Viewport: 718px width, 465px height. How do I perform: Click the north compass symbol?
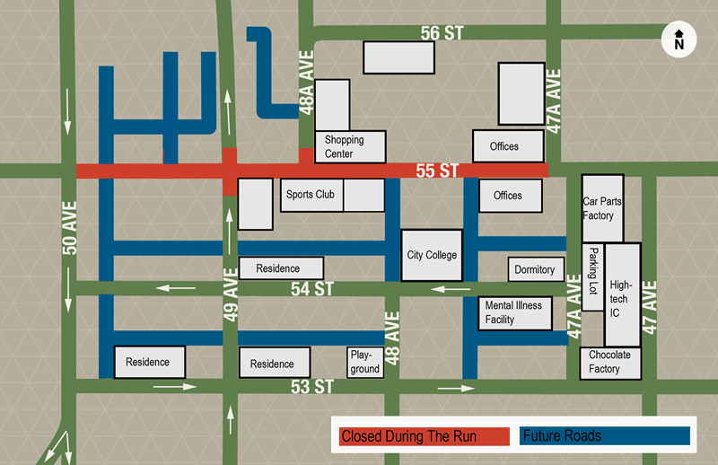pyautogui.click(x=679, y=39)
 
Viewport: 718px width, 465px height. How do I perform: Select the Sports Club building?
pyautogui.click(x=311, y=194)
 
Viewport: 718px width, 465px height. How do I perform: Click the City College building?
pyautogui.click(x=432, y=255)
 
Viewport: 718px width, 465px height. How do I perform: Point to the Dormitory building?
pyautogui.click(x=534, y=269)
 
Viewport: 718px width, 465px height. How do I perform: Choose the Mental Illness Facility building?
pyautogui.click(x=513, y=311)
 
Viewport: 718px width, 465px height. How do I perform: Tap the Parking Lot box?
pyautogui.click(x=593, y=276)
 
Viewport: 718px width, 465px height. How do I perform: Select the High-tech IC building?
pyautogui.click(x=621, y=294)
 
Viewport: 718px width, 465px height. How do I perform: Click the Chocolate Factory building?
pyautogui.click(x=610, y=362)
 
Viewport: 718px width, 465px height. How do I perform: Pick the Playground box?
pyautogui.click(x=364, y=362)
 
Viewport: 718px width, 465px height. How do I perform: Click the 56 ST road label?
pyautogui.click(x=442, y=33)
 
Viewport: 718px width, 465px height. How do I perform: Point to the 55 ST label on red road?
pyautogui.click(x=437, y=170)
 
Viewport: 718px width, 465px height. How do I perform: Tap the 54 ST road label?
pyautogui.click(x=311, y=288)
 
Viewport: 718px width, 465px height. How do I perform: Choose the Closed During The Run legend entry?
pyautogui.click(x=421, y=436)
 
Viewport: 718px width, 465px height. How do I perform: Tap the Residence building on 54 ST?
pyautogui.click(x=282, y=268)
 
